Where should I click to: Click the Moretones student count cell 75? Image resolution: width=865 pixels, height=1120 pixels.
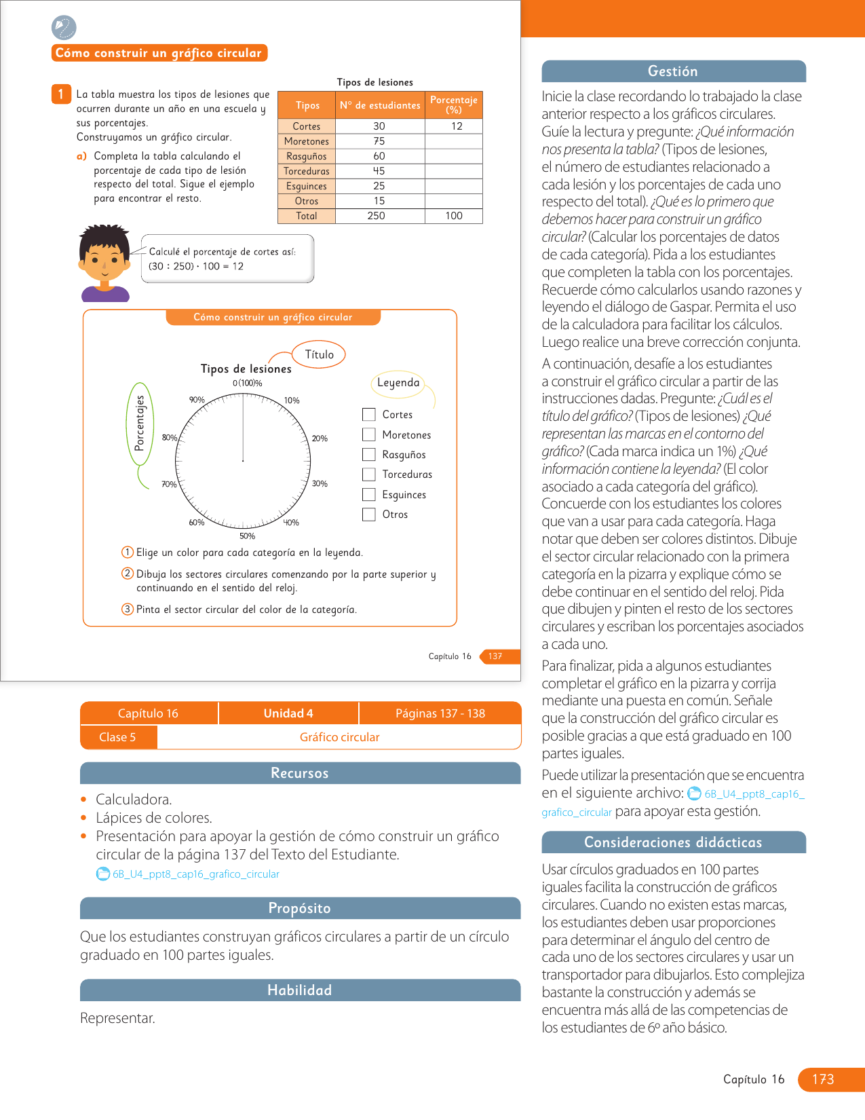coord(379,141)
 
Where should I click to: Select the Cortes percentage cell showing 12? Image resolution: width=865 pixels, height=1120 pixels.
coord(457,126)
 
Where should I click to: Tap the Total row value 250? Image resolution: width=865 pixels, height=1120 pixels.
coord(376,216)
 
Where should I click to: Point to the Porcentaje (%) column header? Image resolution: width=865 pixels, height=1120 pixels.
coord(454,105)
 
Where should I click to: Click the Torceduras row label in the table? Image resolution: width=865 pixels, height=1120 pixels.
coord(307,171)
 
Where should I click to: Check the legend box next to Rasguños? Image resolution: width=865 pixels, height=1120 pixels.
coord(369,455)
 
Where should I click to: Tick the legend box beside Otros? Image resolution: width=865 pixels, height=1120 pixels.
coord(369,515)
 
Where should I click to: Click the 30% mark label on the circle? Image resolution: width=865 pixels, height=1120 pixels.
coord(320,484)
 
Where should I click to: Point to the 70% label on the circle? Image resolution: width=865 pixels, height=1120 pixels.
coord(169,485)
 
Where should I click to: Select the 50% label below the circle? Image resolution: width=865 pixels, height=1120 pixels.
coord(247,536)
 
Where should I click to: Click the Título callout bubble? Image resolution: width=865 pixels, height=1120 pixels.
coord(319,354)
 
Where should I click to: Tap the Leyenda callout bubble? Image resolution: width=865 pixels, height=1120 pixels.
coord(398,383)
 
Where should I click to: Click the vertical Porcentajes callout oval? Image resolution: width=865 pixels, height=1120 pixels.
coord(140,424)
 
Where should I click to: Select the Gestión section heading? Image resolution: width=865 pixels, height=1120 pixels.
coord(673,71)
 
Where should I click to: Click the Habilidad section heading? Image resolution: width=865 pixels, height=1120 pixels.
coord(300,990)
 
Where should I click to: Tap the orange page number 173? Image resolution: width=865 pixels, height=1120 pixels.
coord(823,1079)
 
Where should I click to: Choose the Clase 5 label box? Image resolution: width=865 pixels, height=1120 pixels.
coord(118,737)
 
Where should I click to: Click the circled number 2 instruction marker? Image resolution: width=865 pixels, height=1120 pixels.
coord(128,574)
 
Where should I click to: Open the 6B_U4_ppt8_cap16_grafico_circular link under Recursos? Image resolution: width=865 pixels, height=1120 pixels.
coord(195,874)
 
